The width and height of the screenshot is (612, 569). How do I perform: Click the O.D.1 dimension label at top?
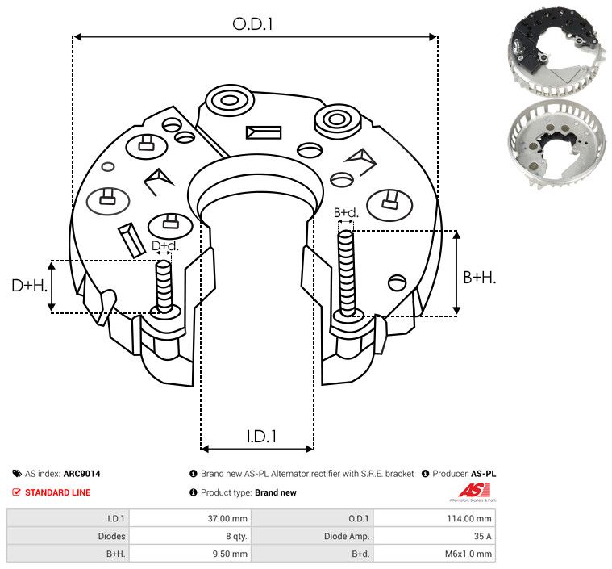(x=254, y=24)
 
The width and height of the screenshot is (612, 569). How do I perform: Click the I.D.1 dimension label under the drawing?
(x=261, y=436)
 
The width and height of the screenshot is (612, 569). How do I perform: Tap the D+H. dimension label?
(x=29, y=286)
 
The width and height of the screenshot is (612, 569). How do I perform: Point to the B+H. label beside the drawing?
(x=479, y=277)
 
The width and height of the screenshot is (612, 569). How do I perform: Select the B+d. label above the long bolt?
(x=345, y=213)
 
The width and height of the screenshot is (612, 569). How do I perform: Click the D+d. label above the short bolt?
(x=164, y=245)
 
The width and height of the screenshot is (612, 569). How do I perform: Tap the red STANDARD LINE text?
(x=57, y=492)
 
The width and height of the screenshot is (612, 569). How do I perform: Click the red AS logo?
(x=470, y=490)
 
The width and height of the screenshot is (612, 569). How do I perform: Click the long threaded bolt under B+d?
(x=347, y=274)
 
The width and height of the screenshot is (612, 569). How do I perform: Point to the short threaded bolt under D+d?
(x=164, y=286)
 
